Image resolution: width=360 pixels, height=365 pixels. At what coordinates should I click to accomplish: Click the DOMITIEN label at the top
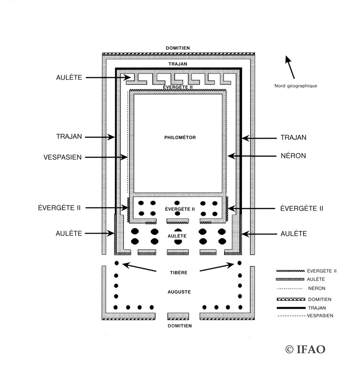pyautogui.click(x=178, y=48)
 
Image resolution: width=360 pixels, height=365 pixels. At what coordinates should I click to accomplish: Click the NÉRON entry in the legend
pyautogui.click(x=316, y=288)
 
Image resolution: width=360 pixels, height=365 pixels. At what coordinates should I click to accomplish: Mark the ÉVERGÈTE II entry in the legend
pyautogui.click(x=321, y=271)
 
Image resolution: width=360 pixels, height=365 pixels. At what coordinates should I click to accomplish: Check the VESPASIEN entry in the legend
pyautogui.click(x=320, y=315)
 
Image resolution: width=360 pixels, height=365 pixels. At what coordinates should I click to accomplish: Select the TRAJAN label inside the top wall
pyautogui.click(x=178, y=65)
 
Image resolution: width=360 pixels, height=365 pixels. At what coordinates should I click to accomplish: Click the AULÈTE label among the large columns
pyautogui.click(x=178, y=236)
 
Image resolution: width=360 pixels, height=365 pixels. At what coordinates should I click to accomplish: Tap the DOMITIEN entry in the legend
pyautogui.click(x=319, y=299)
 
